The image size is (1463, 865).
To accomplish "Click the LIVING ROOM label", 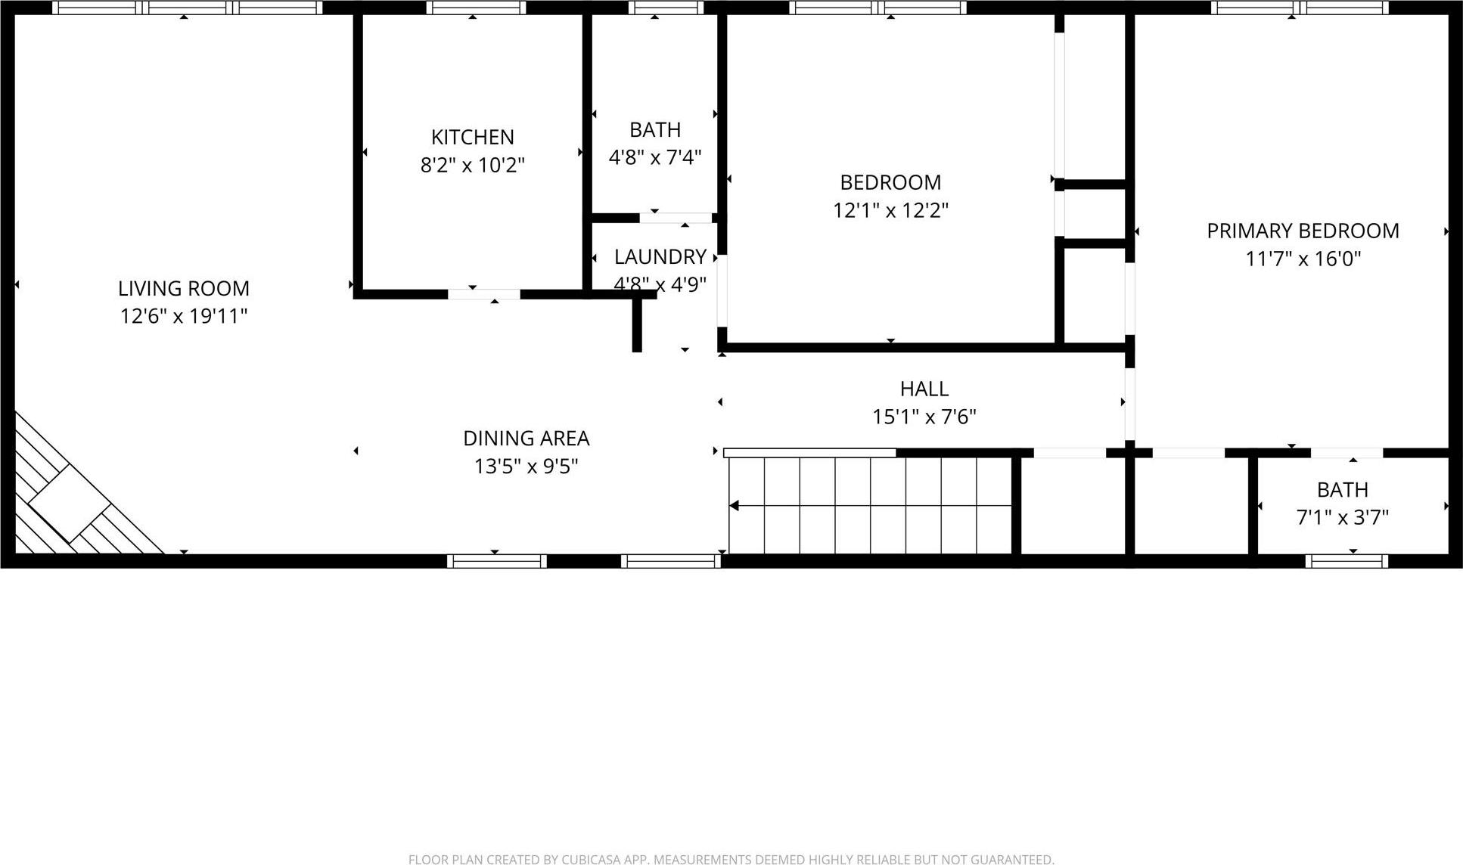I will pos(183,288).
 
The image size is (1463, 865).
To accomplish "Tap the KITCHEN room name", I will pos(472,137).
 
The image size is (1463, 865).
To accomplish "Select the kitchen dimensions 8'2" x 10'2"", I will pos(472,165).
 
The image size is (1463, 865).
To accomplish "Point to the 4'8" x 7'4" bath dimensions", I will pos(655,157).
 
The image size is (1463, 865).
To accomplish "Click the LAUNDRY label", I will pos(660,257).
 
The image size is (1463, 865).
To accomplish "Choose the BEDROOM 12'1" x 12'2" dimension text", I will pos(890,210).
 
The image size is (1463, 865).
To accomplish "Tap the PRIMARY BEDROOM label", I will pos(1303,231).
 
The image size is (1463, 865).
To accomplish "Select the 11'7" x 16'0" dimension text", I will pos(1303,259).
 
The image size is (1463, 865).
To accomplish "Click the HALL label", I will pos(924,389).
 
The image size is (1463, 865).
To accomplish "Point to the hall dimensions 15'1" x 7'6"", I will pos(924,417).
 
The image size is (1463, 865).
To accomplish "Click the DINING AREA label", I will pos(526,439).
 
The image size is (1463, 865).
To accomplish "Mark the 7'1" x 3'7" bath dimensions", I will pos(1342,518).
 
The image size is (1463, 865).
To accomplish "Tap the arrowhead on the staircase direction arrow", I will pos(734,505).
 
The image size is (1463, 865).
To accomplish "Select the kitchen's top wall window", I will pos(476,8).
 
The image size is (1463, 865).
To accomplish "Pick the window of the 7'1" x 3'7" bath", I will pos(1346,561).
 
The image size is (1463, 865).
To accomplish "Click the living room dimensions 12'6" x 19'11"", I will pos(183,316).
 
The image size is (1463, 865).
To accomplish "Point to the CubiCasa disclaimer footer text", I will pos(731,859).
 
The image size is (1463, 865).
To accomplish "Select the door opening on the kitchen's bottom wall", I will pos(483,294).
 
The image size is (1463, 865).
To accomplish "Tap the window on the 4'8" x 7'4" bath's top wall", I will pos(666,8).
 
